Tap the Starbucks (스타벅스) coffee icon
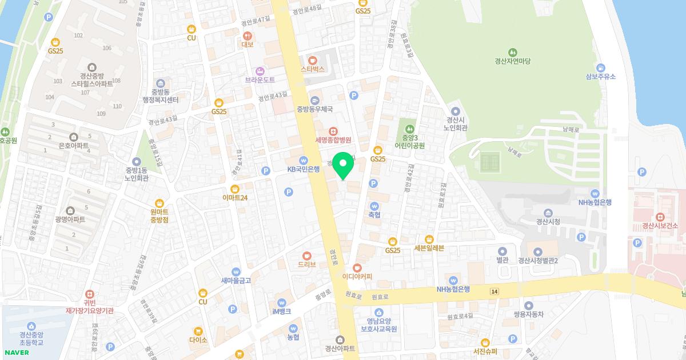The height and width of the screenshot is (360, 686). pyautogui.click(x=312, y=60)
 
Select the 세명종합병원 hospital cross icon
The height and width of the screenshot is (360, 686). pyautogui.click(x=333, y=131)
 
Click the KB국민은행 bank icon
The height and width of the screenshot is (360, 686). pyautogui.click(x=303, y=161)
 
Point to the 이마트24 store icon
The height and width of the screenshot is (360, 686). pyautogui.click(x=234, y=189)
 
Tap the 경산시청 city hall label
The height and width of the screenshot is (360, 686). pyautogui.click(x=547, y=222)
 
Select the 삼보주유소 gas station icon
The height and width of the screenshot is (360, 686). pyautogui.click(x=600, y=67)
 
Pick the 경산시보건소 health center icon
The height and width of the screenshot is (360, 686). pyautogui.click(x=660, y=217)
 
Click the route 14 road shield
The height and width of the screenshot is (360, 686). pyautogui.click(x=494, y=291)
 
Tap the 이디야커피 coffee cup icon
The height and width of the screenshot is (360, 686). pyautogui.click(x=357, y=267)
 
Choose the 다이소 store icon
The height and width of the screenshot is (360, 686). pyautogui.click(x=198, y=331)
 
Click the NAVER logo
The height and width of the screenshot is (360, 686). pyautogui.click(x=16, y=352)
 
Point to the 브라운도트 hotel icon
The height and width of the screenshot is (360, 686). pyautogui.click(x=260, y=71)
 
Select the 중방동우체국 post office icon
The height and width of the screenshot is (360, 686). pyautogui.click(x=314, y=100)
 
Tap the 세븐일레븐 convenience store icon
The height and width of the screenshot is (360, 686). pyautogui.click(x=429, y=239)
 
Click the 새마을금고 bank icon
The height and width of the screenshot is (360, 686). pyautogui.click(x=236, y=272)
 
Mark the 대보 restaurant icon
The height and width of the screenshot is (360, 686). pyautogui.click(x=248, y=35)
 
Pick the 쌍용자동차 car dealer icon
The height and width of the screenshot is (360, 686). pyautogui.click(x=529, y=306)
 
